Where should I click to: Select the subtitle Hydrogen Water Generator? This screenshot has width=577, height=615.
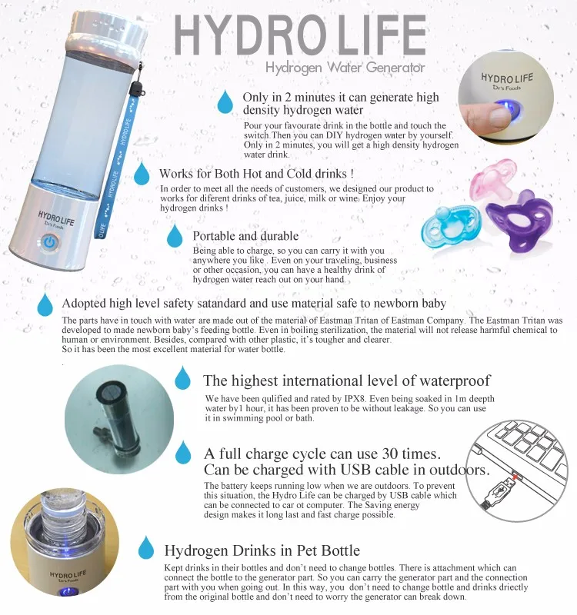click(x=345, y=68)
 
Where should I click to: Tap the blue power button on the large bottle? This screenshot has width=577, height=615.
click(x=50, y=243)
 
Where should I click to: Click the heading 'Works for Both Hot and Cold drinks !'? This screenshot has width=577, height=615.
click(x=256, y=174)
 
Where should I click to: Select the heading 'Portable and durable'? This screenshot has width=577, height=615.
click(x=245, y=235)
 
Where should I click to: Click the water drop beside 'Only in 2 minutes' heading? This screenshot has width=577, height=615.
click(x=225, y=101)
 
